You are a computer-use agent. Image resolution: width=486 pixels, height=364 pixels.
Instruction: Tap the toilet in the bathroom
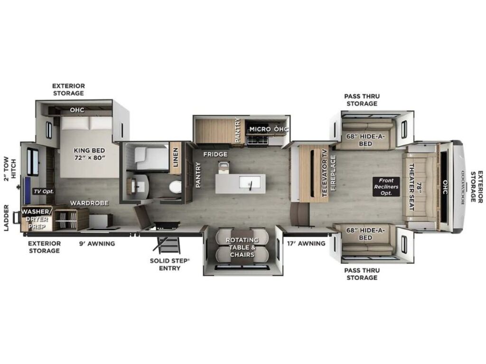(x=175, y=187)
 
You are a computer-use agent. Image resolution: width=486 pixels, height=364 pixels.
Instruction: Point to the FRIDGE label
(x=215, y=154)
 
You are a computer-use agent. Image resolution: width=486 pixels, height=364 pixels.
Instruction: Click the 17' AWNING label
(x=306, y=244)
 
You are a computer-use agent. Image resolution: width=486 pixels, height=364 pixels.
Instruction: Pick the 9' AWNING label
(x=97, y=244)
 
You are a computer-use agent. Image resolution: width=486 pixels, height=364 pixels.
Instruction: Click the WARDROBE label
(x=89, y=203)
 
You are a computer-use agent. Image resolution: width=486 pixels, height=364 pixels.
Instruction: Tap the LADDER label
(x=7, y=218)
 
